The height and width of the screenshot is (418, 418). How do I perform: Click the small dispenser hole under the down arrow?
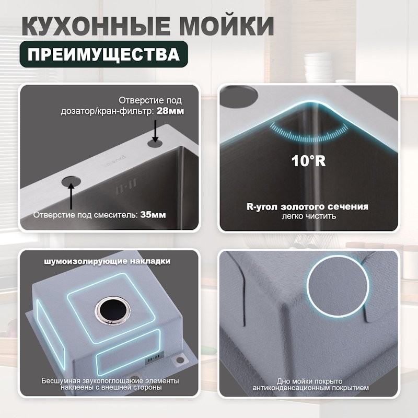155,142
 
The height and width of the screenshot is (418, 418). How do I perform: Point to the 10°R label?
308,160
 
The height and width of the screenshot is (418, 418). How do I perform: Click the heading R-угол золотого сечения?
307,206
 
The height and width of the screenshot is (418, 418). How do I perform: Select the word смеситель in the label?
120,215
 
